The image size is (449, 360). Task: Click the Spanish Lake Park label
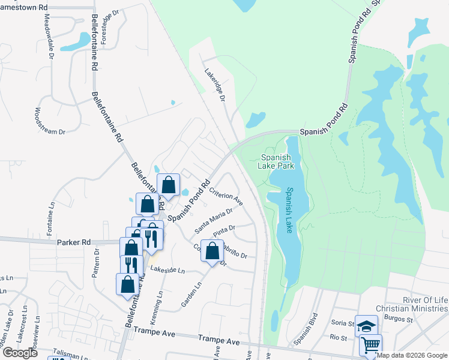coord(277,162)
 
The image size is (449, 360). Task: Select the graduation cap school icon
coord(366,326)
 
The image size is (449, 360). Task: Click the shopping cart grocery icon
coord(371,345)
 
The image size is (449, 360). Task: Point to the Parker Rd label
coord(74,242)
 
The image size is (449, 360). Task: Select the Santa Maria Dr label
coord(214,221)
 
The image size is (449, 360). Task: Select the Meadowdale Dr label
coord(48,35)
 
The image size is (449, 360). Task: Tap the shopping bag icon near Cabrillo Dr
coord(212,251)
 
